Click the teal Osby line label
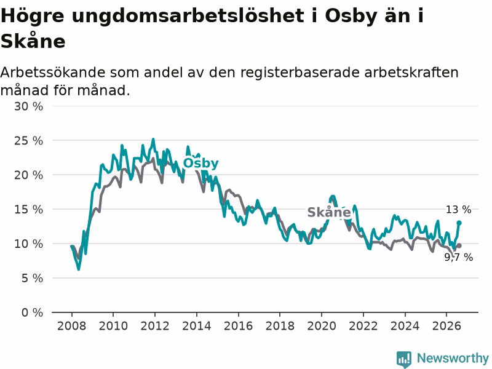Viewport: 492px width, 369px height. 201,163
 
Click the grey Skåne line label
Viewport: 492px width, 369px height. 329,212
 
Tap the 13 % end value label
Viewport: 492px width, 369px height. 458,209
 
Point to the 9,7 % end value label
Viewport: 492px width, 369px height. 458,257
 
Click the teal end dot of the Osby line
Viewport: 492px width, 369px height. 459,223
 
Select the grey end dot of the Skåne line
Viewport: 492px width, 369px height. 459,245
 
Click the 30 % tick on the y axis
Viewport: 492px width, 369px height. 28,106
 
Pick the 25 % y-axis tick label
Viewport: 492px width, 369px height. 28,141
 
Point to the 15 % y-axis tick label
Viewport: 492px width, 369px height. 28,209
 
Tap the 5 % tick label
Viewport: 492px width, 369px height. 33,278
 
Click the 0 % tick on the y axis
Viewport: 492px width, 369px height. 33,312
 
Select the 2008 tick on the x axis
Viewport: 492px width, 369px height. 71,326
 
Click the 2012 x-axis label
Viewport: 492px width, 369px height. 155,326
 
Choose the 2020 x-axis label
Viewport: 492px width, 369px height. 322,326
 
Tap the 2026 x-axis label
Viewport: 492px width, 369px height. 446,326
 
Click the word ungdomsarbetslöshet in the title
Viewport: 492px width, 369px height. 188,16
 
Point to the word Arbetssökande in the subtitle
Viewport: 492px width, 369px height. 53,73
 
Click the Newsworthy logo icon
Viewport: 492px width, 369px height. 404,359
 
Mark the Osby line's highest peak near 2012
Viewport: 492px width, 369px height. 153,139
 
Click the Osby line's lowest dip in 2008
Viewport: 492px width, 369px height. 79,269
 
